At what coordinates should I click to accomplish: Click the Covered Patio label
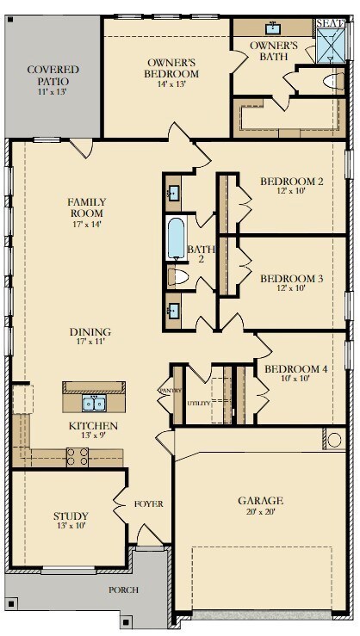53,75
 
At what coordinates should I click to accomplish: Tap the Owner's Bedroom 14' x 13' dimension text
171,84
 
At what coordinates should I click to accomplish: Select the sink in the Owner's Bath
272,28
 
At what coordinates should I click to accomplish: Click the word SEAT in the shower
331,22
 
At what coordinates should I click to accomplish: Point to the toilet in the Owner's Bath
332,82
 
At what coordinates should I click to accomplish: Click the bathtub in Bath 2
177,238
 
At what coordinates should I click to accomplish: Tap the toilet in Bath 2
178,276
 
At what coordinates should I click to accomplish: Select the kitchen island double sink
94,403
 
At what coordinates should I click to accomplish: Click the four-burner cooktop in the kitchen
78,457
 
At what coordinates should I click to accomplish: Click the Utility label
199,403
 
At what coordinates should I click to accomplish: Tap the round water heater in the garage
334,440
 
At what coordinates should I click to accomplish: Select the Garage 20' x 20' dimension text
260,511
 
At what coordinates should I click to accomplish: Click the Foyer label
149,504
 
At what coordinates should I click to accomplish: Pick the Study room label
71,516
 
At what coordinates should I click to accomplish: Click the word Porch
123,590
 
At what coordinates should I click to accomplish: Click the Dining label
90,332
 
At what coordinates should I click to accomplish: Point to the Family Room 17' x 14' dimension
86,224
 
